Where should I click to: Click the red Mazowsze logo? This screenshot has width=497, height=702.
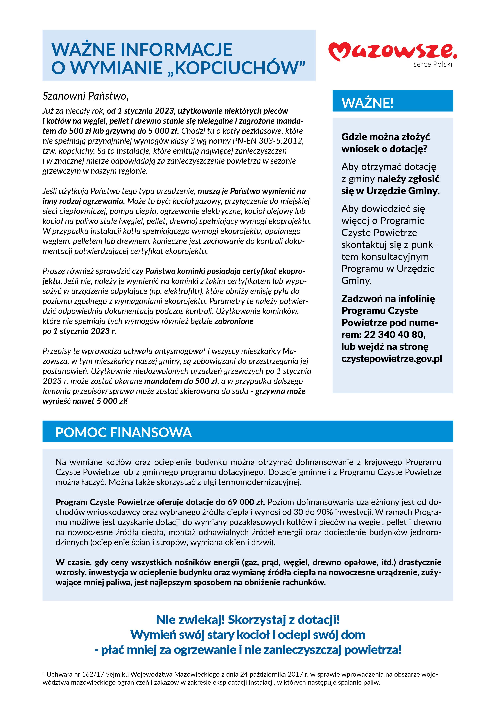(x=392, y=51)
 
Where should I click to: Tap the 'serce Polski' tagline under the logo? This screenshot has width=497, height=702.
(x=433, y=64)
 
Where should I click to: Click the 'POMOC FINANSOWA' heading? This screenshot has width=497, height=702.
(x=124, y=432)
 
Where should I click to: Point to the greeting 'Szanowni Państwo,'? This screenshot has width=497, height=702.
(x=85, y=96)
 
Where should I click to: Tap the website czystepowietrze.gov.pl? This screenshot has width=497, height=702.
(x=391, y=358)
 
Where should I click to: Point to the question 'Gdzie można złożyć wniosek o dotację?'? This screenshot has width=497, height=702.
(x=386, y=143)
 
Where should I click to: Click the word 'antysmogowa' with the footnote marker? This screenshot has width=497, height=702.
(x=184, y=351)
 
